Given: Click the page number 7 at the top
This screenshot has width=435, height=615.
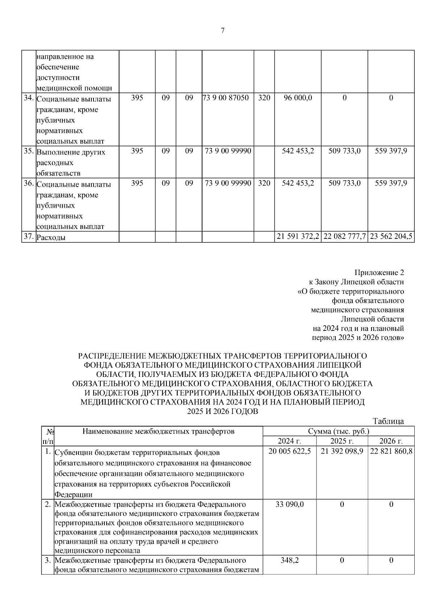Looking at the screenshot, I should [x=223, y=31].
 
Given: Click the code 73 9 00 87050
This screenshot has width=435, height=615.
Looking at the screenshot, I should [x=227, y=98].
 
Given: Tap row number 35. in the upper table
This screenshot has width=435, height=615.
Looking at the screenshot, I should [x=29, y=151].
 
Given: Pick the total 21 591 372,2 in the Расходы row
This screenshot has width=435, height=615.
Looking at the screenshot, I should [x=298, y=237].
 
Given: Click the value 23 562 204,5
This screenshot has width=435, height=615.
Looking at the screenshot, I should [x=391, y=237].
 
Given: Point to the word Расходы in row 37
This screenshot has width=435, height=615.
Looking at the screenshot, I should [x=51, y=238].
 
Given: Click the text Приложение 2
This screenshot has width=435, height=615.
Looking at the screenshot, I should [x=379, y=273].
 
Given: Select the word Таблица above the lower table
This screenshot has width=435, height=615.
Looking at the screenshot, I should [x=388, y=421].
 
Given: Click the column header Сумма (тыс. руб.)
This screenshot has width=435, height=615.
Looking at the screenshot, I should [x=339, y=431].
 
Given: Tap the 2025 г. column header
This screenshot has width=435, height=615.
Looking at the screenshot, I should [x=342, y=441].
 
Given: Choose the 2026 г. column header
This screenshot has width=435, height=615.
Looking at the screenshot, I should [x=391, y=441].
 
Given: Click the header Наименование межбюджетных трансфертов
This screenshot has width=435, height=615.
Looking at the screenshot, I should [x=158, y=431].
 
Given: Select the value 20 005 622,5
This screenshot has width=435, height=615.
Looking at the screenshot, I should [x=290, y=452].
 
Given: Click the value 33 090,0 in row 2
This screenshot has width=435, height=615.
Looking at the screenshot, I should [x=290, y=504].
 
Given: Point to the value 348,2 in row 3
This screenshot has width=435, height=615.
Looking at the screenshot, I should [x=290, y=560].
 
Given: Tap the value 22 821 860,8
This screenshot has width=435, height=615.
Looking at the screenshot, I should [x=391, y=452].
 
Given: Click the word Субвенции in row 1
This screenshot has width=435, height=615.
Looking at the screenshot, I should [x=71, y=453].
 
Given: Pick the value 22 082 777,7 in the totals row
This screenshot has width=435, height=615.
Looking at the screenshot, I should [x=344, y=237].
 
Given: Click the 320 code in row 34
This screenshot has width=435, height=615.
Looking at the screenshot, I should [x=264, y=98].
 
